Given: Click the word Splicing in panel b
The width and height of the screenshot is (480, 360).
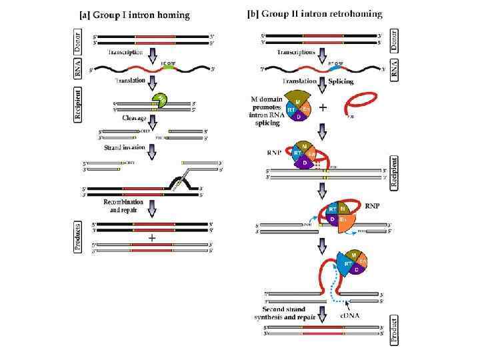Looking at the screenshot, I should [x=341, y=82].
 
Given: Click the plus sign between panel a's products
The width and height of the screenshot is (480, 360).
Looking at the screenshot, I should [x=152, y=237].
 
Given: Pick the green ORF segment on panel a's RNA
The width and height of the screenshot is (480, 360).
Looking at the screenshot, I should [x=169, y=67].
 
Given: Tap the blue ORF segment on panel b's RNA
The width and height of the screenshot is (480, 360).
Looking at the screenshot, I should [x=333, y=67].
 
